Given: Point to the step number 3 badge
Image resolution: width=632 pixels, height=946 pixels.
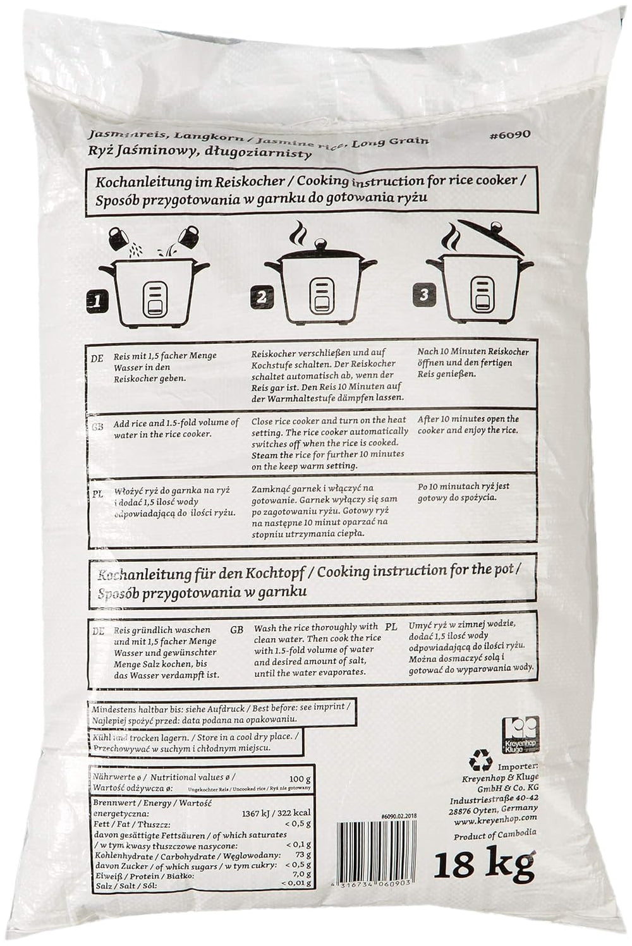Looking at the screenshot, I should point(424,294).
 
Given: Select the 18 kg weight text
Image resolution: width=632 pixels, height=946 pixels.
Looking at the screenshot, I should point(483,864).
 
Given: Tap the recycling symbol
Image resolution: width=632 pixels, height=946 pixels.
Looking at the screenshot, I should point(481,761).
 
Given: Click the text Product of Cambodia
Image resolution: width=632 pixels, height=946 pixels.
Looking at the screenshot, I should point(495,835).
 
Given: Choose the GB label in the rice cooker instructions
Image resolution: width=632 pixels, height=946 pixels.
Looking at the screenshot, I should point(97,427).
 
